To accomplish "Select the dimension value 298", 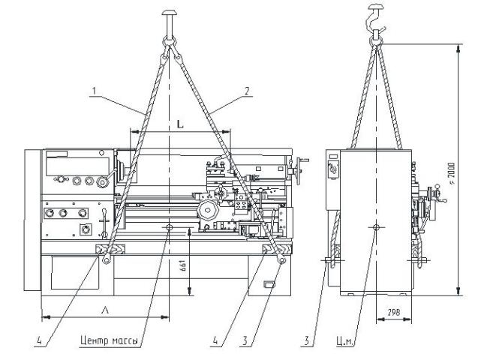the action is pos(393,312).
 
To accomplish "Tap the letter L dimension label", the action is pos(180,124).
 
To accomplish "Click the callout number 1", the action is pos(95,91).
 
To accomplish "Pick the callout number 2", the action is pos(247,91).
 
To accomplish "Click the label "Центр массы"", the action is pos(109,340).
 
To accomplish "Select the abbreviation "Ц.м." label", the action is pos(345,341).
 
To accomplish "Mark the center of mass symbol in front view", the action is pos(169,227).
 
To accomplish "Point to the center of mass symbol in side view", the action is pos(376,227).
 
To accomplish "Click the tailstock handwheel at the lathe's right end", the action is pos(299,169).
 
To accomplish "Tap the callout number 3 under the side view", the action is pos(306,340).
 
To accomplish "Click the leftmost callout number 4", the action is pos(39,340).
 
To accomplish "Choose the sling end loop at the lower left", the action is pos(107,259).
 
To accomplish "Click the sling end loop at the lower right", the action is pos(281,259).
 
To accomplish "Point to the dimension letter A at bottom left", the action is pos(104,310).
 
